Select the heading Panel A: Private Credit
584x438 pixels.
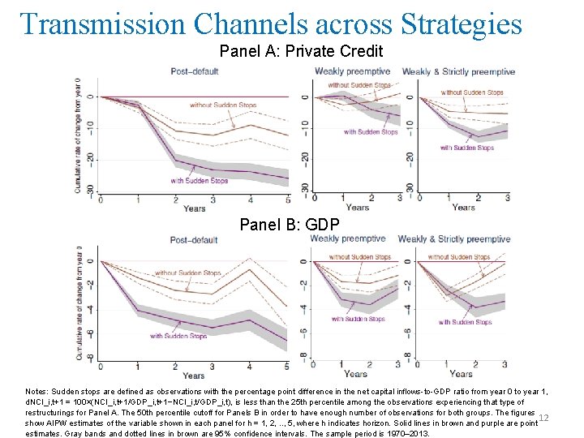tap(301, 51)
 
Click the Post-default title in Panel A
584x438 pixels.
tap(193, 71)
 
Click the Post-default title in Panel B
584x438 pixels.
tap(193, 240)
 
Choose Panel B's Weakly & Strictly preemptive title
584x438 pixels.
tap(453, 239)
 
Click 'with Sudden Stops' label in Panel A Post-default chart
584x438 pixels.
tap(199, 180)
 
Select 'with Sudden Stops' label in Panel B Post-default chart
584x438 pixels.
tap(178, 336)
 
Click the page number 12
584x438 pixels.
tap(543, 417)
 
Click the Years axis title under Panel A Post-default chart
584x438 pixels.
tap(195, 208)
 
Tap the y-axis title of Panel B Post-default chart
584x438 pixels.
tap(79, 302)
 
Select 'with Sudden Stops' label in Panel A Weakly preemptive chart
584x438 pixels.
tap(371, 131)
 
